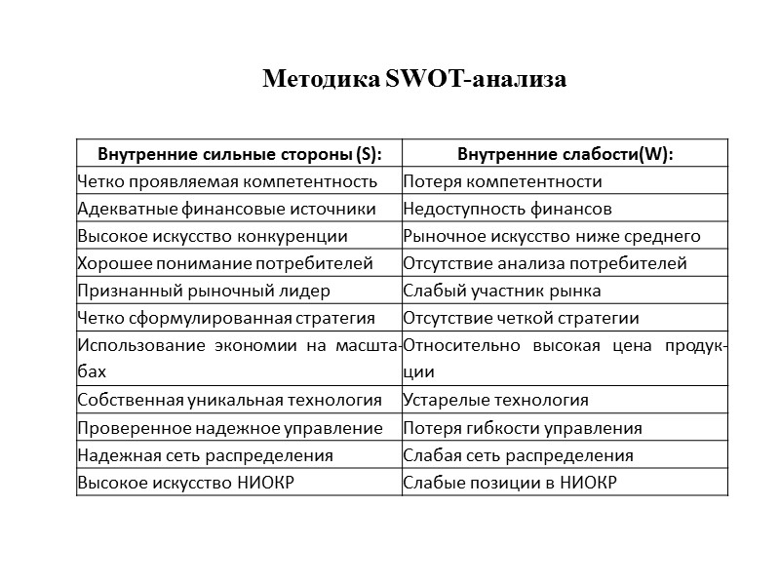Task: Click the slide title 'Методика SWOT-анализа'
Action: point(414,79)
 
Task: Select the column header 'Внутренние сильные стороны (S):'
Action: point(239,154)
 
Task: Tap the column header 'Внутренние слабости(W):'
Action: point(566,154)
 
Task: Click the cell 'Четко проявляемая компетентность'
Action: point(227,181)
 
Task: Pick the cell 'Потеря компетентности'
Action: point(502,181)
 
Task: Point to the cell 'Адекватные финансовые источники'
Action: point(226,209)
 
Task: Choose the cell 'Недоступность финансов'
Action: point(507,209)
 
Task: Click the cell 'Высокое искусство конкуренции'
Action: point(213,236)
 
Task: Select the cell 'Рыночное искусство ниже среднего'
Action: point(552,236)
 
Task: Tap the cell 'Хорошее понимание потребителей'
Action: point(225,263)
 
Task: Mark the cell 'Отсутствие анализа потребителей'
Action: point(545,263)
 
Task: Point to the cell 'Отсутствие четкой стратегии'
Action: point(521,318)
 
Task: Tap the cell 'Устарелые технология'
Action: point(495,400)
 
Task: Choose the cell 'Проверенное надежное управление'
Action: point(229,428)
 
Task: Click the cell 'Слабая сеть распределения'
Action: point(518,455)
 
